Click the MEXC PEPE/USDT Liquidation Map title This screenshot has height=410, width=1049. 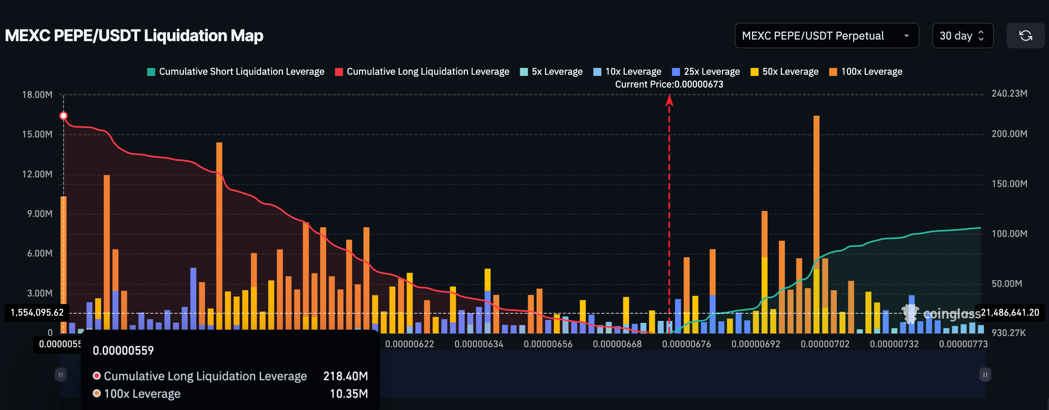134,36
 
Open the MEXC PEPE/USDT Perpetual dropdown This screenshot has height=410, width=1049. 826,36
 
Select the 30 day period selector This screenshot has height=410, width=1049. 962,36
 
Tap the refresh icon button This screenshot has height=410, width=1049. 1025,36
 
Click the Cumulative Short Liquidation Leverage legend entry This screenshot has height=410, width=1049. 236,72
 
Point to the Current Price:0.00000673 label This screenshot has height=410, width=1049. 669,84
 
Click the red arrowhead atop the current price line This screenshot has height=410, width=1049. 669,100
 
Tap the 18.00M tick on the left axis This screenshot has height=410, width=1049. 37,95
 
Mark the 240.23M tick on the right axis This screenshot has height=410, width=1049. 1009,94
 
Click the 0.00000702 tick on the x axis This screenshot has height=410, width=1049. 825,344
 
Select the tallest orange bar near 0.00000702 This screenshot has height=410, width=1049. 816,183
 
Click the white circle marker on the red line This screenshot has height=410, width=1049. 64,116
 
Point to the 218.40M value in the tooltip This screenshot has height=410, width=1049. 345,376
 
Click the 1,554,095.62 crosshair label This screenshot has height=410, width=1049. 37,312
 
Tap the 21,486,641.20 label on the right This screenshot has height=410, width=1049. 1009,312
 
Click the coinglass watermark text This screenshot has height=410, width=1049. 951,314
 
